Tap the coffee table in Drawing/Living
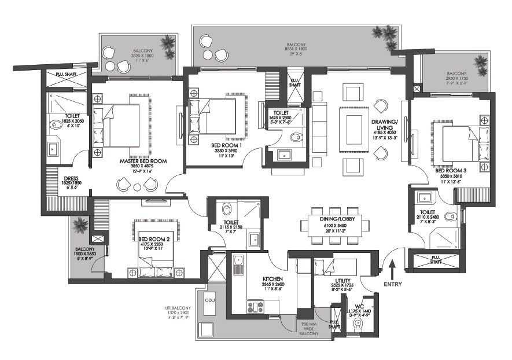click(x=353, y=128)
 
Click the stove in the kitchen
click(x=255, y=305)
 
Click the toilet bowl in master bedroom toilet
click(x=58, y=123)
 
